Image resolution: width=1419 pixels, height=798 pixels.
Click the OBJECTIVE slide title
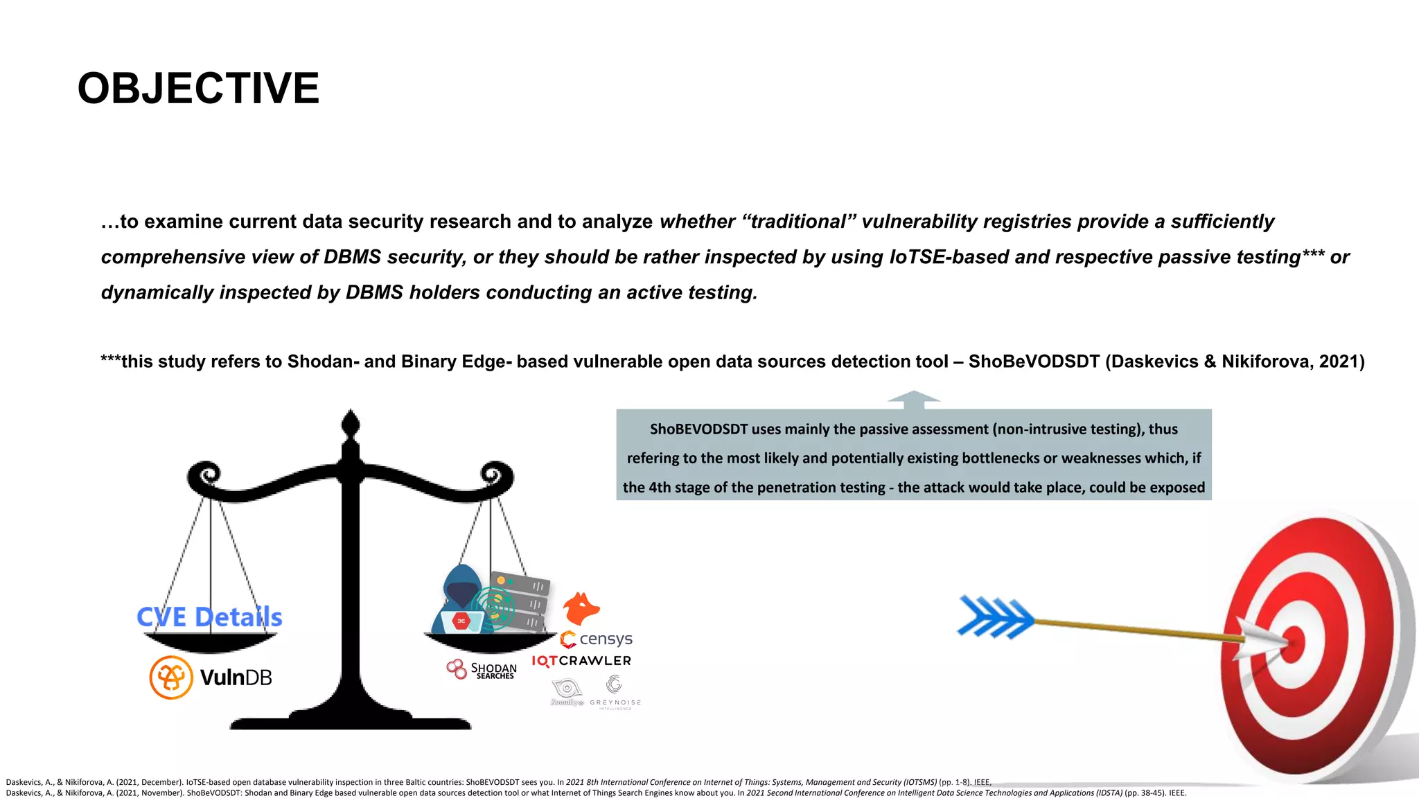(198, 89)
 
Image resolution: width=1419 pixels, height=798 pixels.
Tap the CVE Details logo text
(209, 617)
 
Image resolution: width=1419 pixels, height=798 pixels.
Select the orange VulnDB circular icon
(170, 677)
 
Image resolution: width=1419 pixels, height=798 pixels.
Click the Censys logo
(597, 639)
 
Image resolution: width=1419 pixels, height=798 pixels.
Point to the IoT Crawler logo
(581, 661)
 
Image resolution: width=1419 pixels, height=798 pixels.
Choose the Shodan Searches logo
(482, 670)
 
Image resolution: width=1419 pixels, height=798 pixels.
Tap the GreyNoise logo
(615, 693)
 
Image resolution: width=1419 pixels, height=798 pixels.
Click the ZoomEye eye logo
(567, 690)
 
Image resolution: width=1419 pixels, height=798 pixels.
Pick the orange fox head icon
(581, 609)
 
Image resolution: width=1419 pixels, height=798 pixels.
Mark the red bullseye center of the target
(1293, 644)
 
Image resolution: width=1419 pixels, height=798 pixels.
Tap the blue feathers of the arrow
(995, 617)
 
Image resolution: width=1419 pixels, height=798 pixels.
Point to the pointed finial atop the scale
(351, 423)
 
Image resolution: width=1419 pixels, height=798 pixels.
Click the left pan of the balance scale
(211, 642)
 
